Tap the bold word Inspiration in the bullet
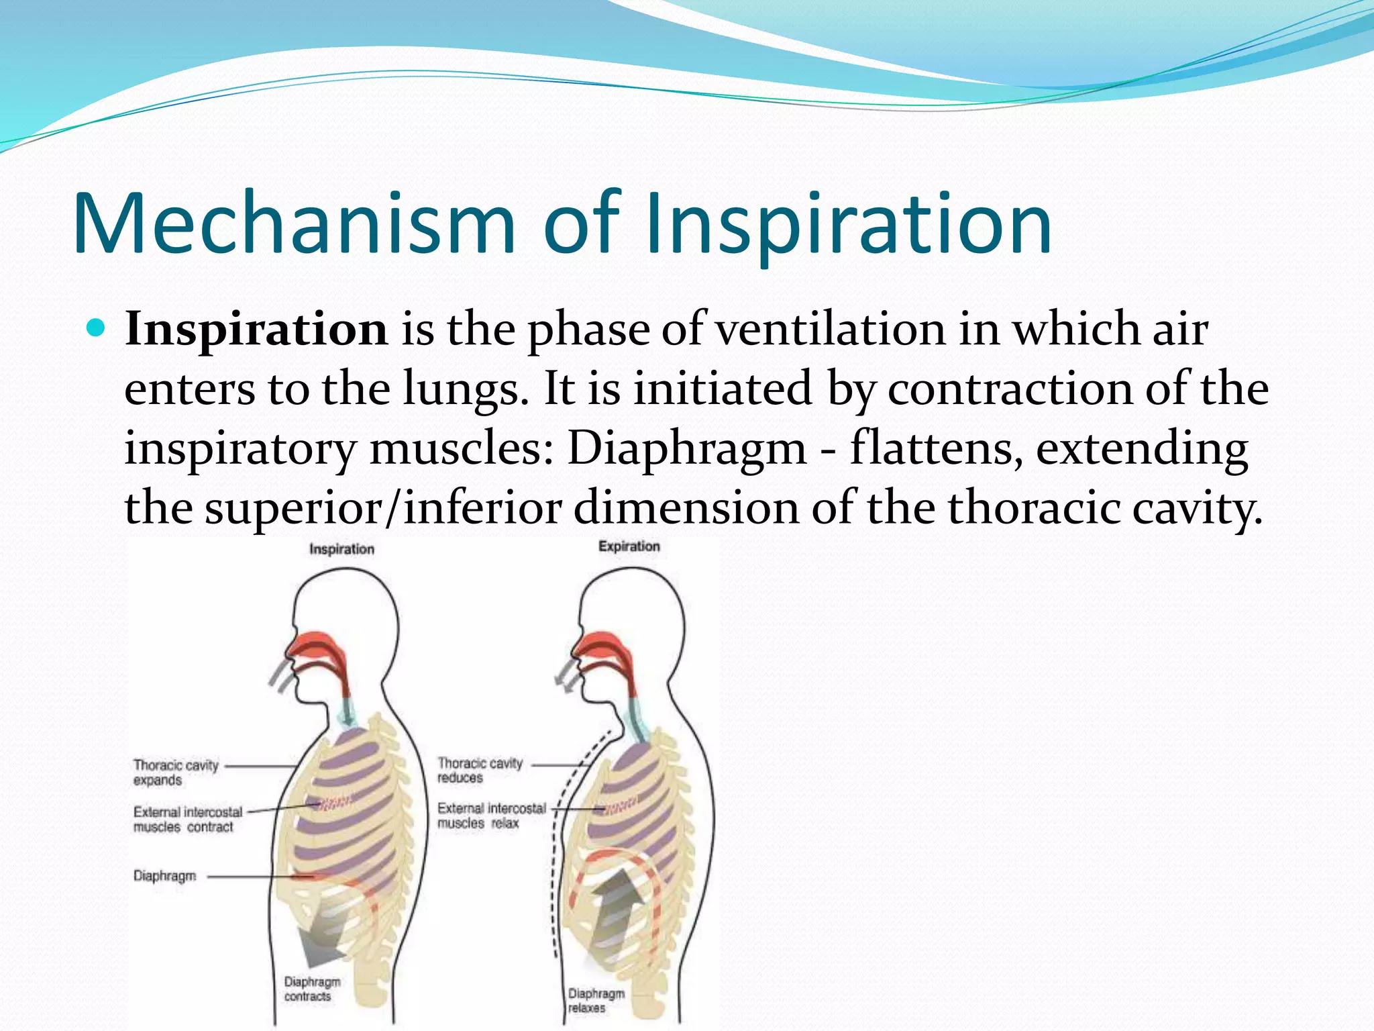pyautogui.click(x=256, y=330)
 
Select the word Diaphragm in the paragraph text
pyautogui.click(x=686, y=448)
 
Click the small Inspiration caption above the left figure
pyautogui.click(x=341, y=549)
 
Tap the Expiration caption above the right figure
pyautogui.click(x=629, y=546)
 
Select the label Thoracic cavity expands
pyautogui.click(x=176, y=773)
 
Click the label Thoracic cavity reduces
pyautogui.click(x=480, y=771)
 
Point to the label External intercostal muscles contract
pyautogui.click(x=187, y=820)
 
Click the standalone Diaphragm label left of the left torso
pyautogui.click(x=164, y=876)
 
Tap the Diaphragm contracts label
pyautogui.click(x=311, y=989)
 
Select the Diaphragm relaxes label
pyautogui.click(x=596, y=1000)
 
